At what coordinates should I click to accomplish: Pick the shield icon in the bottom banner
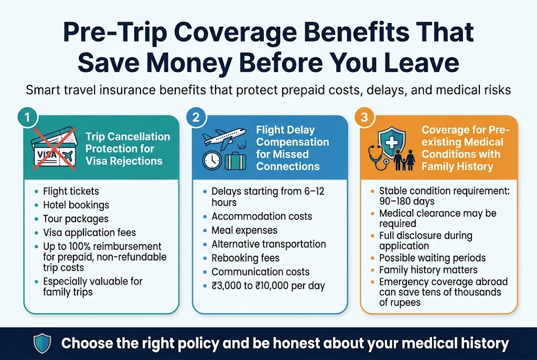pyautogui.click(x=41, y=344)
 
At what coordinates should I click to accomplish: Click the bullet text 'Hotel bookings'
pyautogui.click(x=76, y=205)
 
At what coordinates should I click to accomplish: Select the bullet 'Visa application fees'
pyautogui.click(x=89, y=232)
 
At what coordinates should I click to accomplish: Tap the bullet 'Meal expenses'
pyautogui.click(x=244, y=231)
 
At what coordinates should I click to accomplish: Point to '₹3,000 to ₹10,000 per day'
pyautogui.click(x=268, y=286)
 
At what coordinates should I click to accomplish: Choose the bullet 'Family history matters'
pyautogui.click(x=428, y=270)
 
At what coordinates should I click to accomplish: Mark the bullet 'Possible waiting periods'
pyautogui.click(x=433, y=258)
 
